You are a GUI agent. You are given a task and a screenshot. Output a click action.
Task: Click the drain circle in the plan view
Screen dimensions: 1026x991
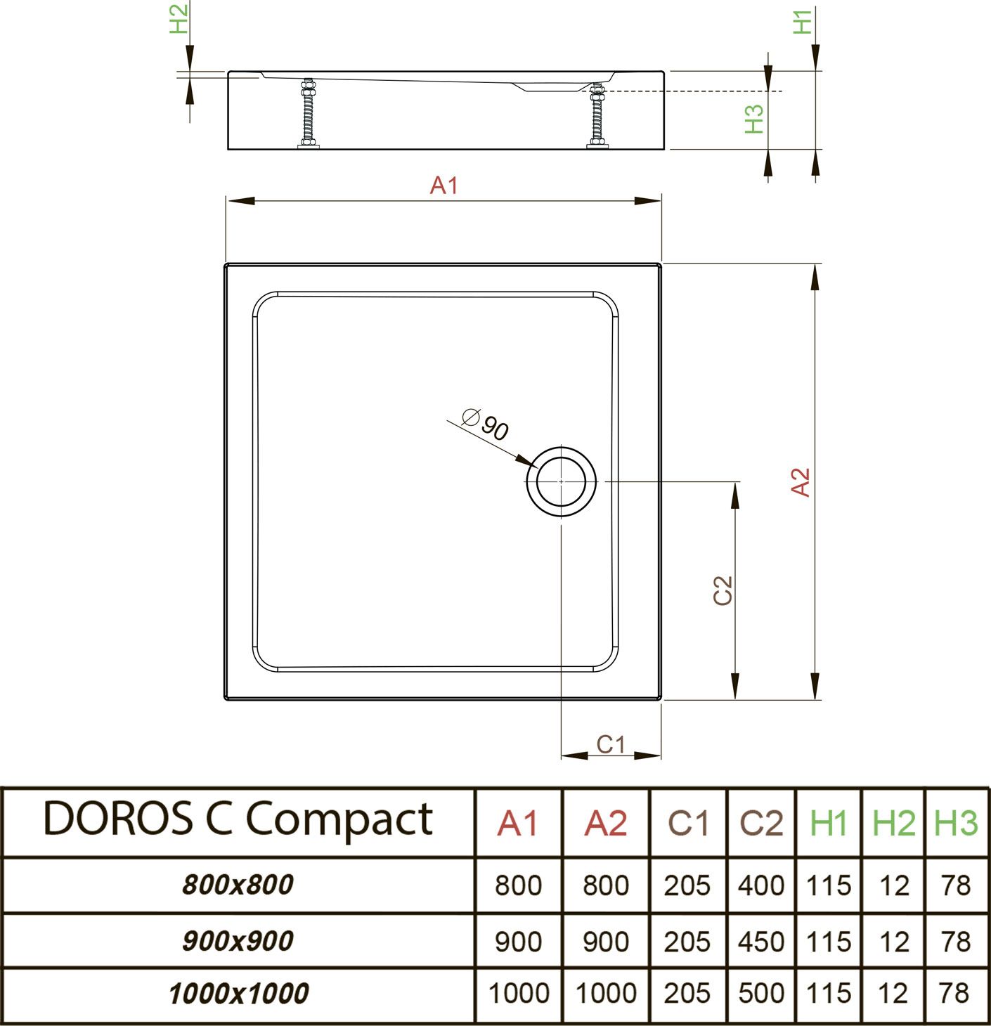(561, 481)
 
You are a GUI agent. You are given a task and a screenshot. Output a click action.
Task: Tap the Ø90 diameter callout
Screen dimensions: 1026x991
(486, 424)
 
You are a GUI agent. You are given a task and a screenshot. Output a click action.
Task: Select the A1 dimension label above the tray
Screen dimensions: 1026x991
(444, 186)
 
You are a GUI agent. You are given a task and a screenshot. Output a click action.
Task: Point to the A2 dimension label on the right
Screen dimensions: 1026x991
(801, 482)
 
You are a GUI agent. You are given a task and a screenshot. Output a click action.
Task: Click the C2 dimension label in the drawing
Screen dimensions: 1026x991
(723, 590)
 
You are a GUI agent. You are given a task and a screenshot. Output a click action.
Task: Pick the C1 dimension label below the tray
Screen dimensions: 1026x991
(610, 744)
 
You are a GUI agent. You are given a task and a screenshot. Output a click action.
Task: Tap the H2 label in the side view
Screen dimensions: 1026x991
(179, 19)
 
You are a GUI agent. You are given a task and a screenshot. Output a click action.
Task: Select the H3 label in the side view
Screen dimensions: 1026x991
(753, 118)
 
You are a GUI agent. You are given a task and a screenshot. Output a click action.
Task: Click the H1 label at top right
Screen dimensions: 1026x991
(802, 21)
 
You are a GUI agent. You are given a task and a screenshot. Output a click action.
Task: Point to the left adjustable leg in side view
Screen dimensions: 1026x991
(308, 114)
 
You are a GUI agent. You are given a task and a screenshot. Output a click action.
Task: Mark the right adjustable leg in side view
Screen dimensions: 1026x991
(597, 116)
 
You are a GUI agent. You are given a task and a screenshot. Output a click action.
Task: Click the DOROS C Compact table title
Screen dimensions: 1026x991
(238, 819)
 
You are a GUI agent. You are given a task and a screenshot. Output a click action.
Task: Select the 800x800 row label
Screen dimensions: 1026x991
(238, 885)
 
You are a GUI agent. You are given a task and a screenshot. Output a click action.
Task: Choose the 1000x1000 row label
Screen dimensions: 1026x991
(238, 994)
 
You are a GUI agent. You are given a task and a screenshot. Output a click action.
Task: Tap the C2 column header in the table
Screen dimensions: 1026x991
(761, 823)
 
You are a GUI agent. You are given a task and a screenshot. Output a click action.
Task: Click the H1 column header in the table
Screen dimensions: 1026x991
(829, 823)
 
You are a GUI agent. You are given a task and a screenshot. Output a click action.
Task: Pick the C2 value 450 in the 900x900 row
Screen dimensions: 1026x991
(761, 942)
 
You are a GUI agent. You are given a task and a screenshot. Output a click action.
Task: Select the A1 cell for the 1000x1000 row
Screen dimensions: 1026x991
(519, 994)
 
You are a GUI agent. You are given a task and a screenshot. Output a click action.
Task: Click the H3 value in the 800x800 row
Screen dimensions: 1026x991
(956, 885)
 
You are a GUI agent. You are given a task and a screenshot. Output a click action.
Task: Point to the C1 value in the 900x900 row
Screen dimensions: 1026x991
(687, 942)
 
